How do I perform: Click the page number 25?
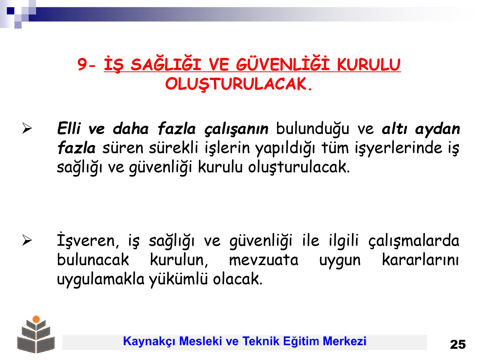pos(458,345)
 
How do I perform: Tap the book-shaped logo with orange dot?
pos(36,334)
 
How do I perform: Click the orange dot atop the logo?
pos(36,319)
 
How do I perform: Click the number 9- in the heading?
pos(87,65)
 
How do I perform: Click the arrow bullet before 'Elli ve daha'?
pos(27,128)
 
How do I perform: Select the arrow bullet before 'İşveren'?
pos(27,240)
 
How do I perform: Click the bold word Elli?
pos(69,128)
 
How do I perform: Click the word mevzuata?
pos(264,260)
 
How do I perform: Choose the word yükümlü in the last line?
pos(178,279)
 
